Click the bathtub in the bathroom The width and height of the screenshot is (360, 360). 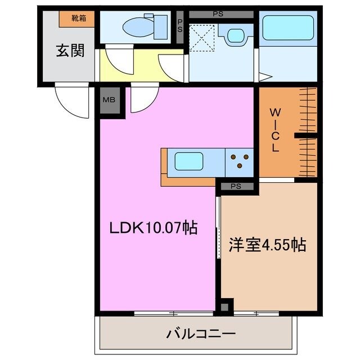click(287, 28)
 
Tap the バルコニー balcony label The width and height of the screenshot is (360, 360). click(200, 335)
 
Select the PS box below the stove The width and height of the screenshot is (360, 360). click(236, 186)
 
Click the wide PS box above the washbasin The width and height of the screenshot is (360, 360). click(222, 13)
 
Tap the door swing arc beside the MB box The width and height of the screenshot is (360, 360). click(141, 99)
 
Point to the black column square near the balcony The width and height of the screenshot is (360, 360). click(225, 307)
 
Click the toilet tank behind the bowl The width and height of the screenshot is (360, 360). click(160, 25)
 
